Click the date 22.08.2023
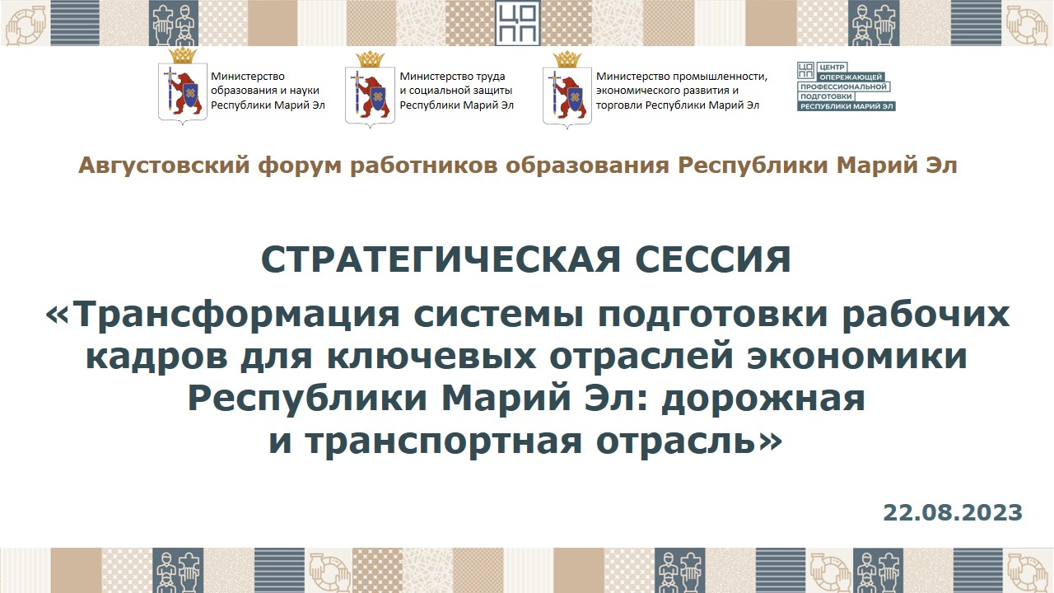coord(953,512)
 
